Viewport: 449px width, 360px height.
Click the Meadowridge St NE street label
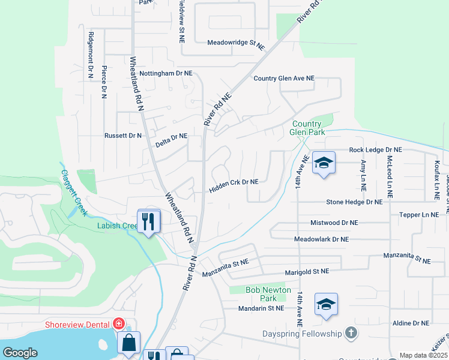[236, 44]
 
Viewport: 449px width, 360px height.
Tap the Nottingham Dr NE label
[166, 73]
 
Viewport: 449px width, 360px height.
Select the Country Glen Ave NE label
[284, 79]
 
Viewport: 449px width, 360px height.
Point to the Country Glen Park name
[306, 128]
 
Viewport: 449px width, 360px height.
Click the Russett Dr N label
[123, 136]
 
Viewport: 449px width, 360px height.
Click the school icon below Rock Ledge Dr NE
[324, 163]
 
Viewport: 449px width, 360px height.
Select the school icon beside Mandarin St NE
[326, 305]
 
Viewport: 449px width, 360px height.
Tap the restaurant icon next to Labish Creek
[149, 221]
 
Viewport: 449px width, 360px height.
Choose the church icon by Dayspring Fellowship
[352, 333]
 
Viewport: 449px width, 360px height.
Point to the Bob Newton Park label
[268, 294]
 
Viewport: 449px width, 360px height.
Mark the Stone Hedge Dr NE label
[354, 202]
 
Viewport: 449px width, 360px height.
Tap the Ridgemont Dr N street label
[91, 56]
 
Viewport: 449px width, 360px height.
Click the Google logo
[20, 353]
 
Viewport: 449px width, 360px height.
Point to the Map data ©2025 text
[423, 355]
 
